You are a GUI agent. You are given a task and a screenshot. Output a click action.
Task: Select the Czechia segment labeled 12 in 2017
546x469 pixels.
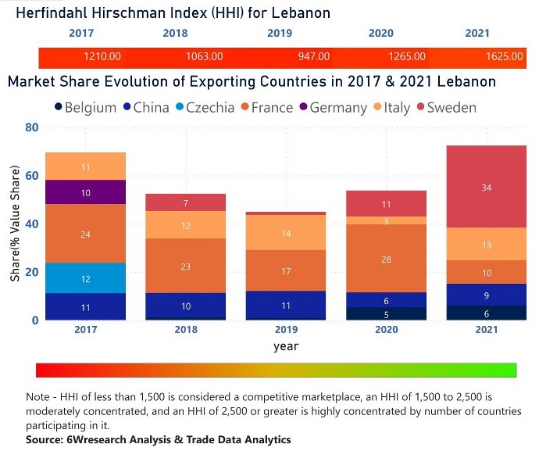click(x=86, y=278)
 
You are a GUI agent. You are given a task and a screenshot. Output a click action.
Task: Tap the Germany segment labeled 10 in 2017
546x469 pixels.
click(x=86, y=192)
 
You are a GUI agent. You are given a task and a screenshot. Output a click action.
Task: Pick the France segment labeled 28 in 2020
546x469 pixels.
click(x=386, y=259)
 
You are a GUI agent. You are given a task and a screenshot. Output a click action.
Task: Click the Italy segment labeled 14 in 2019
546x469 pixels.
click(x=286, y=232)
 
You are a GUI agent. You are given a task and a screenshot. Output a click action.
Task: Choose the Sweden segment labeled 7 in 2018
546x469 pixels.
click(x=186, y=202)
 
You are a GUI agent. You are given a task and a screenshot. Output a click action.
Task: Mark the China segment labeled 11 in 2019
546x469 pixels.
click(x=286, y=306)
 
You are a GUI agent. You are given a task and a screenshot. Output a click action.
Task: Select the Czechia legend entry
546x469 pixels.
click(x=202, y=107)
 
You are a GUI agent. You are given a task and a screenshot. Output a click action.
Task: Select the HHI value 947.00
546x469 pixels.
click(x=312, y=57)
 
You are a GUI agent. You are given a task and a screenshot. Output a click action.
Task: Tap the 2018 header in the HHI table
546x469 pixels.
click(x=175, y=33)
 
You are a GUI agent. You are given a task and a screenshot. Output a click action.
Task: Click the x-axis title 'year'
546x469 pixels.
click(x=286, y=345)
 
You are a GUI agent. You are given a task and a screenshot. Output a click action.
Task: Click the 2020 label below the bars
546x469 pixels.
click(x=386, y=330)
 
